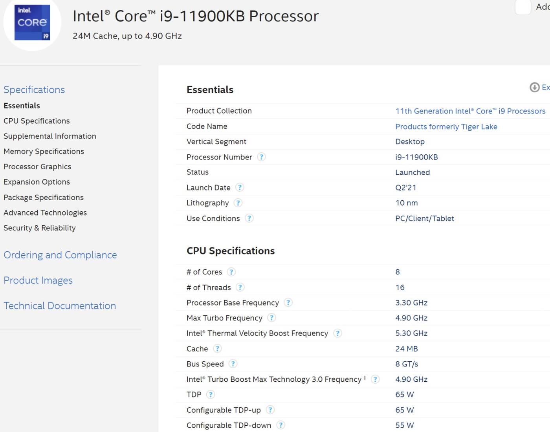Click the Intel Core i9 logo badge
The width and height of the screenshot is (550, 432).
(32, 22)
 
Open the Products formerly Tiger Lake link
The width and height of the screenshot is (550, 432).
(446, 126)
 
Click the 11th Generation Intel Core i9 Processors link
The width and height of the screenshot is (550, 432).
(470, 111)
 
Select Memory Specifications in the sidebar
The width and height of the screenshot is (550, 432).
(44, 151)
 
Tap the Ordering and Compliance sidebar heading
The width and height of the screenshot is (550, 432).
(60, 255)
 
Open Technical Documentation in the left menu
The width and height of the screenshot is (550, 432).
(60, 306)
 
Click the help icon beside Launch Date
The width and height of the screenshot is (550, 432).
(239, 187)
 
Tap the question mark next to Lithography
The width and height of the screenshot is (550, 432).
(238, 203)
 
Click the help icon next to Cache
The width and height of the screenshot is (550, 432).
(217, 348)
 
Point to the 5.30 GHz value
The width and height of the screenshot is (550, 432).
(411, 333)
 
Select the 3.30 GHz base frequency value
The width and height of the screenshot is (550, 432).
(411, 302)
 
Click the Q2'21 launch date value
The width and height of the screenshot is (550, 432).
(406, 187)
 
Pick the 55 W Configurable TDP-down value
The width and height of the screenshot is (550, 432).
(405, 425)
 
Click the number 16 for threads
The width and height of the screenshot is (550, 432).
(400, 287)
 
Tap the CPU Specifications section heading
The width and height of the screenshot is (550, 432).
(231, 251)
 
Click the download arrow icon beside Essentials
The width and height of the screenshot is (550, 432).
(535, 87)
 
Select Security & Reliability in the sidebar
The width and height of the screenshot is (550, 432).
(40, 228)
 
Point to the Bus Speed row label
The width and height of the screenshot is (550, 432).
(205, 364)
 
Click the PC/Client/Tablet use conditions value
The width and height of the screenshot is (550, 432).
(425, 218)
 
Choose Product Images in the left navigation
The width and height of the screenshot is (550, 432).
(38, 280)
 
